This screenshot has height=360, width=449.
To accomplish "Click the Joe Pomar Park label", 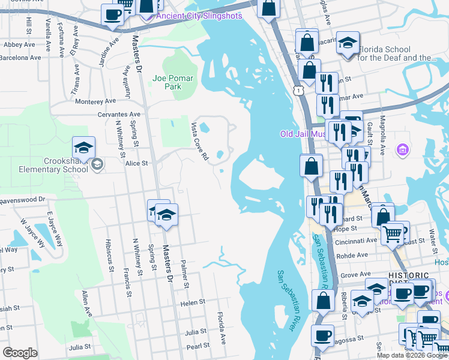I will pos(167,82).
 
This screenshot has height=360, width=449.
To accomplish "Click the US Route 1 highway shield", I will pos(298,89).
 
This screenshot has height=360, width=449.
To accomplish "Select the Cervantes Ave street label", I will pos(120,114).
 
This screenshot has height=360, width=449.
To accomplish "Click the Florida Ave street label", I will pos(222,326).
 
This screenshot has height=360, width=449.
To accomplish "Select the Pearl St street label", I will pos(197,346).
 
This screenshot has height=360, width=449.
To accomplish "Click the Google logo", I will pos(20,353).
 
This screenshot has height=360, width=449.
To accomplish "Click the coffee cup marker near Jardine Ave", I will pos(112,14).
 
